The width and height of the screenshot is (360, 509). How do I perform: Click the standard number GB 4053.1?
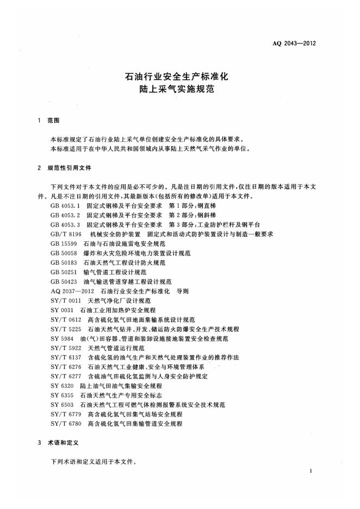[65, 206]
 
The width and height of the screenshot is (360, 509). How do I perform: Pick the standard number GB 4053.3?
[65, 224]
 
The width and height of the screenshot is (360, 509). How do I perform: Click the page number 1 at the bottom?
[309, 471]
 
